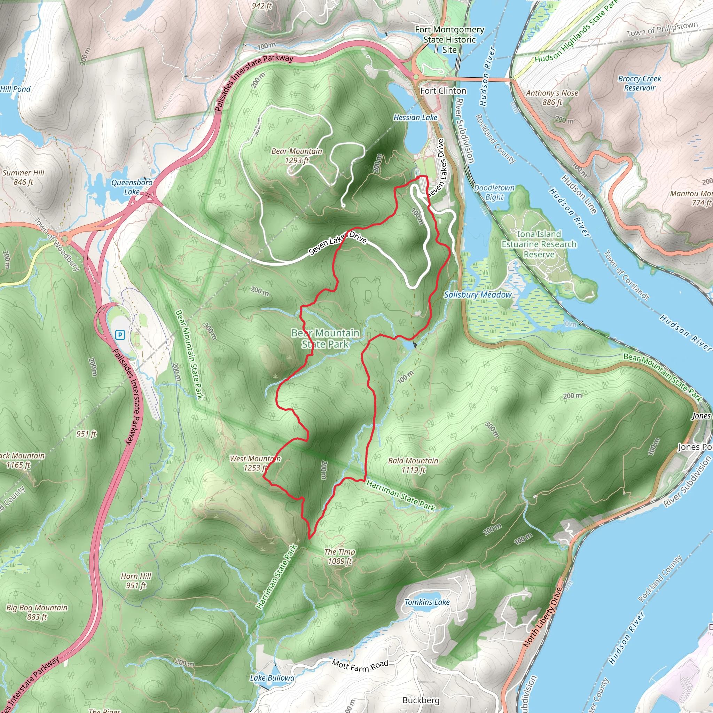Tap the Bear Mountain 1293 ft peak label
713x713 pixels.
pyautogui.click(x=297, y=156)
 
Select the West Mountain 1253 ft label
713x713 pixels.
pyautogui.click(x=255, y=463)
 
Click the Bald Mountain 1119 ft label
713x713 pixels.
pyautogui.click(x=413, y=465)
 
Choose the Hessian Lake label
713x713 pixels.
pyautogui.click(x=415, y=117)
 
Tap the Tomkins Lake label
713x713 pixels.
pyautogui.click(x=427, y=602)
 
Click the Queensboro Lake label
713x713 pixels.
pyautogui.click(x=132, y=187)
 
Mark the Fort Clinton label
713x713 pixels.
pyautogui.click(x=443, y=91)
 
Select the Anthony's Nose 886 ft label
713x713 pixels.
pyautogui.click(x=552, y=97)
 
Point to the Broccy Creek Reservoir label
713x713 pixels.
pyautogui.click(x=640, y=83)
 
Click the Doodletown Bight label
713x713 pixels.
pyautogui.click(x=494, y=192)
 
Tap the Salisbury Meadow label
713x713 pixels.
pyautogui.click(x=478, y=295)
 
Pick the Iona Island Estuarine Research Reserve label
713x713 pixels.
pyautogui.click(x=539, y=244)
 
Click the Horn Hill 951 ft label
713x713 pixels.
pyautogui.click(x=136, y=580)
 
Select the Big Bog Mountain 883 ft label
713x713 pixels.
pyautogui.click(x=37, y=612)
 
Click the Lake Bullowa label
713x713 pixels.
pyautogui.click(x=272, y=678)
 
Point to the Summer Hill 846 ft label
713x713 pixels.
pyautogui.click(x=23, y=177)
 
